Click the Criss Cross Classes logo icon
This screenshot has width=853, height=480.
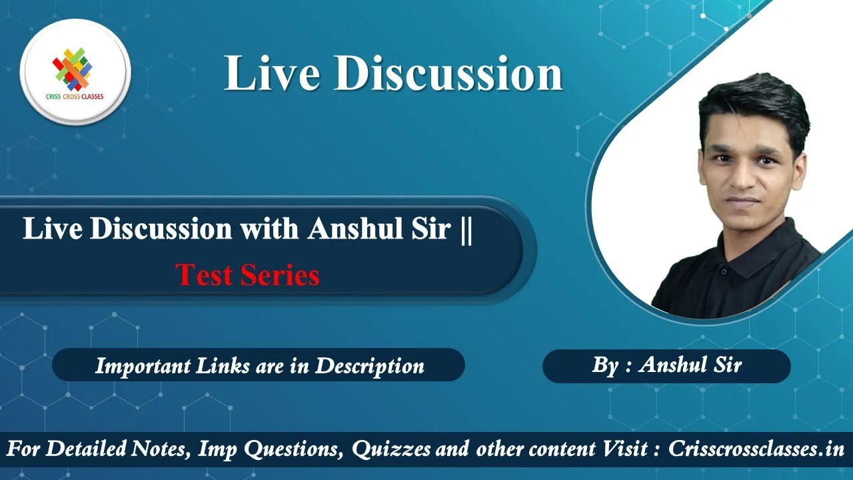pyautogui.click(x=73, y=69)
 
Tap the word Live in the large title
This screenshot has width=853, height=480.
pyautogui.click(x=272, y=73)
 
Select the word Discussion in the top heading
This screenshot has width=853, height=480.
pyautogui.click(x=448, y=73)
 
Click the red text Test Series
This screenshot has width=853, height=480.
pyautogui.click(x=247, y=275)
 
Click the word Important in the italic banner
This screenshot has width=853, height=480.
pyautogui.click(x=143, y=367)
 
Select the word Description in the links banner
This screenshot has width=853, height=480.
pyautogui.click(x=370, y=367)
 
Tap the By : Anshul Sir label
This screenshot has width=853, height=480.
pyautogui.click(x=667, y=365)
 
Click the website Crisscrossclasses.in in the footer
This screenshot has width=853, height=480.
pyautogui.click(x=756, y=449)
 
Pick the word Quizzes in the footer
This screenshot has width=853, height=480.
pyautogui.click(x=391, y=449)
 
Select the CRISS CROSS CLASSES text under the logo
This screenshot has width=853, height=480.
pyautogui.click(x=75, y=97)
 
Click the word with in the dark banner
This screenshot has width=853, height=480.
pyautogui.click(x=269, y=229)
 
